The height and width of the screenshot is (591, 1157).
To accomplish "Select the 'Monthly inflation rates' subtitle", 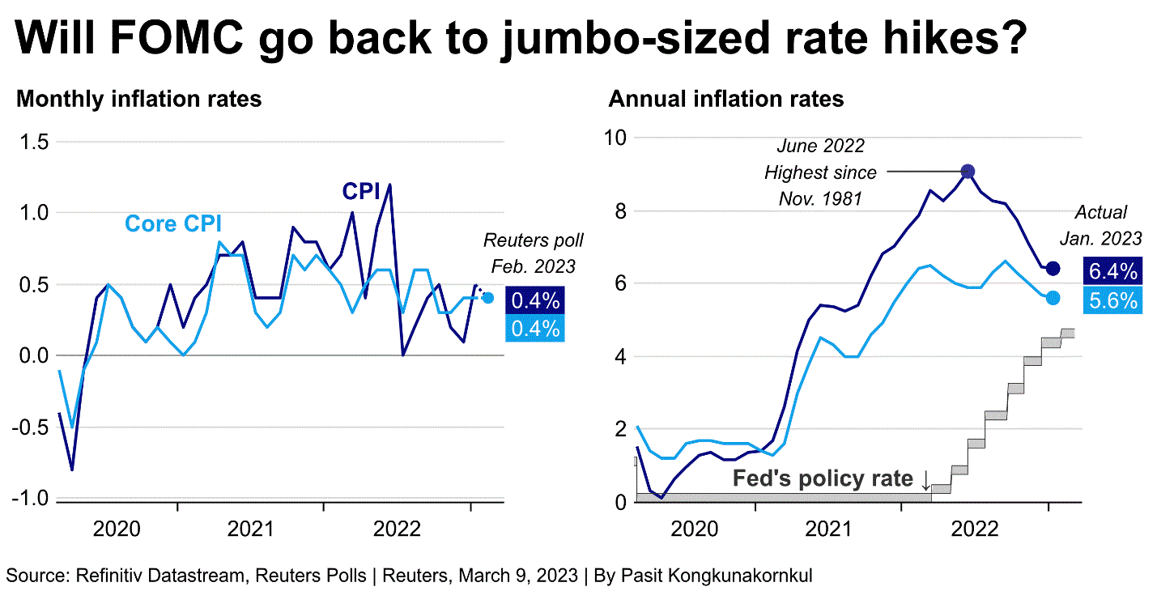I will [139, 100].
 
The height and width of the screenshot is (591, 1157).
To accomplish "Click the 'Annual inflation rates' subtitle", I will [726, 100].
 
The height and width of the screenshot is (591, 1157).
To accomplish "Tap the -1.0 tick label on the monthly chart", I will [29, 498].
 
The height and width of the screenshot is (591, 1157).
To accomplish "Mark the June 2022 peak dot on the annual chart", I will [968, 171].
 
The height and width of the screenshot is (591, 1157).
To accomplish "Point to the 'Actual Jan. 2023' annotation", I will [1100, 225].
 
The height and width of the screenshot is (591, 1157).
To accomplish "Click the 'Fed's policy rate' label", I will [823, 479].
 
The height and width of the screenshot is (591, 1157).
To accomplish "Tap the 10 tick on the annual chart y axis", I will [616, 137].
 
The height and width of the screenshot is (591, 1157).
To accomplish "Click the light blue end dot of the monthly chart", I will [488, 298].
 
